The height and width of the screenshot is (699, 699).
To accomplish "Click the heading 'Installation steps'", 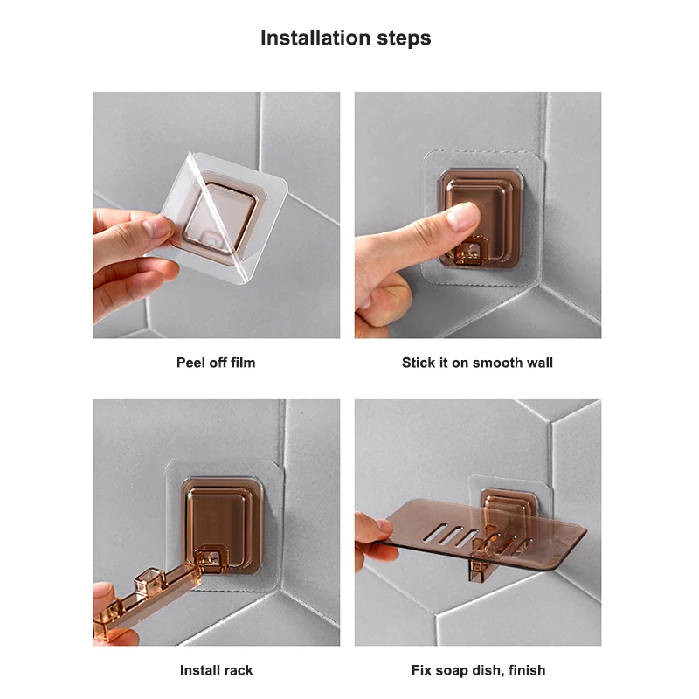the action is coord(345,38).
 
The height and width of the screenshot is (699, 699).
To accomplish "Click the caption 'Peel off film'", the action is coord(216,363).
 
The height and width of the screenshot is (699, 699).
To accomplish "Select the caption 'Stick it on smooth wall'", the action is coord(477,363).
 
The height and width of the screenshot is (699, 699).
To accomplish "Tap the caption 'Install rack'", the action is coord(216,670).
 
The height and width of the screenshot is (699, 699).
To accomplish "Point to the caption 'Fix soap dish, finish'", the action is coord(478,670).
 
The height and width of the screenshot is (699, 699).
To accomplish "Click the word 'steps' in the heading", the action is coord(404,38).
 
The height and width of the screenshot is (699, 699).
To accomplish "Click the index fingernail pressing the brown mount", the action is coord(461,218).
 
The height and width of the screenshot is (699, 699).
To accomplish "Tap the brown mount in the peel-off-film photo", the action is coord(220,218).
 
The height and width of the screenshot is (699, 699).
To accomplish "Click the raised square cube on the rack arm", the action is coord(150,580).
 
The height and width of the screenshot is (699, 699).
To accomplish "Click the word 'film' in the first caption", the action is coord(243,363).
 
